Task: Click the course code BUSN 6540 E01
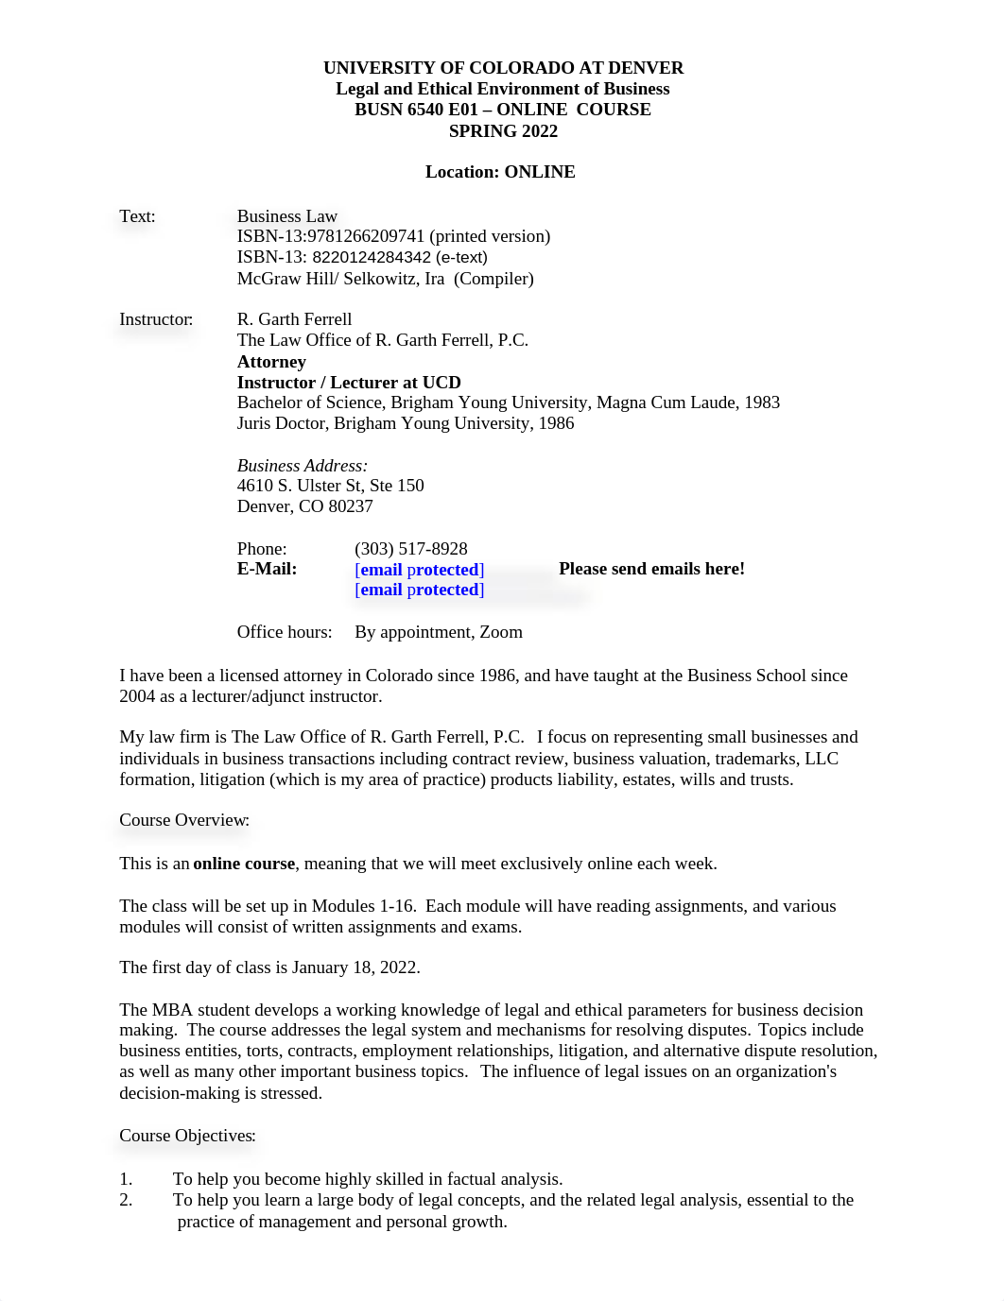(x=415, y=110)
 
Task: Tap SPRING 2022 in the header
(x=503, y=131)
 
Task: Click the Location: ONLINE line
(x=500, y=172)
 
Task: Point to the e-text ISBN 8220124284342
(x=372, y=257)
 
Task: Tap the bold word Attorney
(x=271, y=362)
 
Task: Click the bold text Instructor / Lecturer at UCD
(x=349, y=383)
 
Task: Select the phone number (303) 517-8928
(x=411, y=549)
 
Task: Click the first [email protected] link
(x=420, y=570)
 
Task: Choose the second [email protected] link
(x=420, y=591)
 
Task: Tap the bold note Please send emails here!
(x=651, y=569)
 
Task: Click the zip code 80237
(x=351, y=506)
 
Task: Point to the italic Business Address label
(x=303, y=466)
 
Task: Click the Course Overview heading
(x=184, y=820)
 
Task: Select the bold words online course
(x=244, y=864)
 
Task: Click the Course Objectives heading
(x=187, y=1136)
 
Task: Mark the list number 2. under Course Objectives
(x=126, y=1200)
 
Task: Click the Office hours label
(x=285, y=632)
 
